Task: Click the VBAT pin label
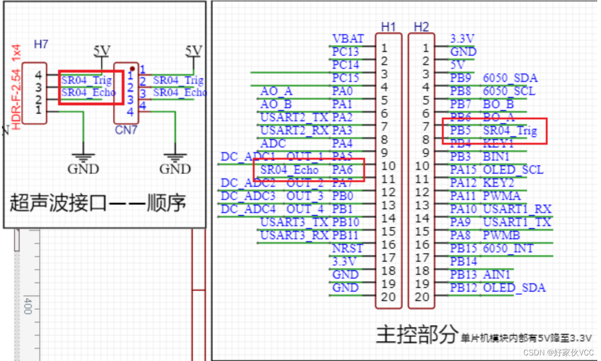347,39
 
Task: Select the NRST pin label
347,249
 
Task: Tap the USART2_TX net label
294,118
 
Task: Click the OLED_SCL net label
513,169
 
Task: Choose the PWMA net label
501,196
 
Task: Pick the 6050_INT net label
508,248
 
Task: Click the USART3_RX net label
294,236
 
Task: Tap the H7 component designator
41,44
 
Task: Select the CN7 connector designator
126,130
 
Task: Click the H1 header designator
388,27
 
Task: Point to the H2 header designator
421,27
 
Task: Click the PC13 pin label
345,52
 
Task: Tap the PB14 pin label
463,261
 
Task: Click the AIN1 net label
497,274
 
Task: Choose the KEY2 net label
498,183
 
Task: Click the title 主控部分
417,334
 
